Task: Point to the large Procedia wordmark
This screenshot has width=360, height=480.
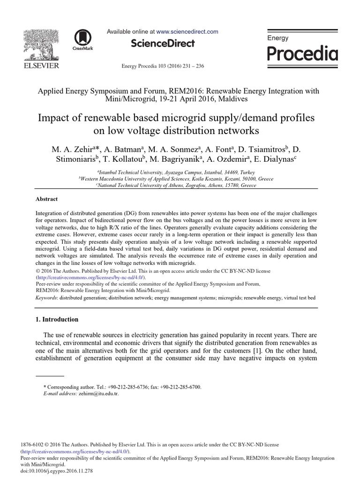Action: pos(302,54)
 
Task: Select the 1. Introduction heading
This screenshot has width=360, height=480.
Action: pos(57,320)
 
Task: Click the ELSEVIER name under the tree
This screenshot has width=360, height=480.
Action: pos(41,66)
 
